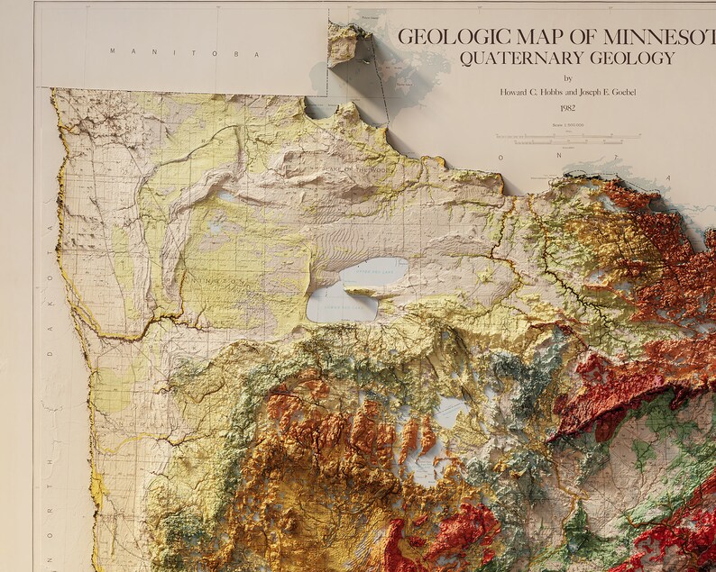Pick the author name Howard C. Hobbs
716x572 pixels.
[531, 92]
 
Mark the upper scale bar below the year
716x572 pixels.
[567, 136]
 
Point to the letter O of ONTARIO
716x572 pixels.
[501, 157]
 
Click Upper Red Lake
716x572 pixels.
[373, 270]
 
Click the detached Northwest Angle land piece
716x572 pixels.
[344, 43]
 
